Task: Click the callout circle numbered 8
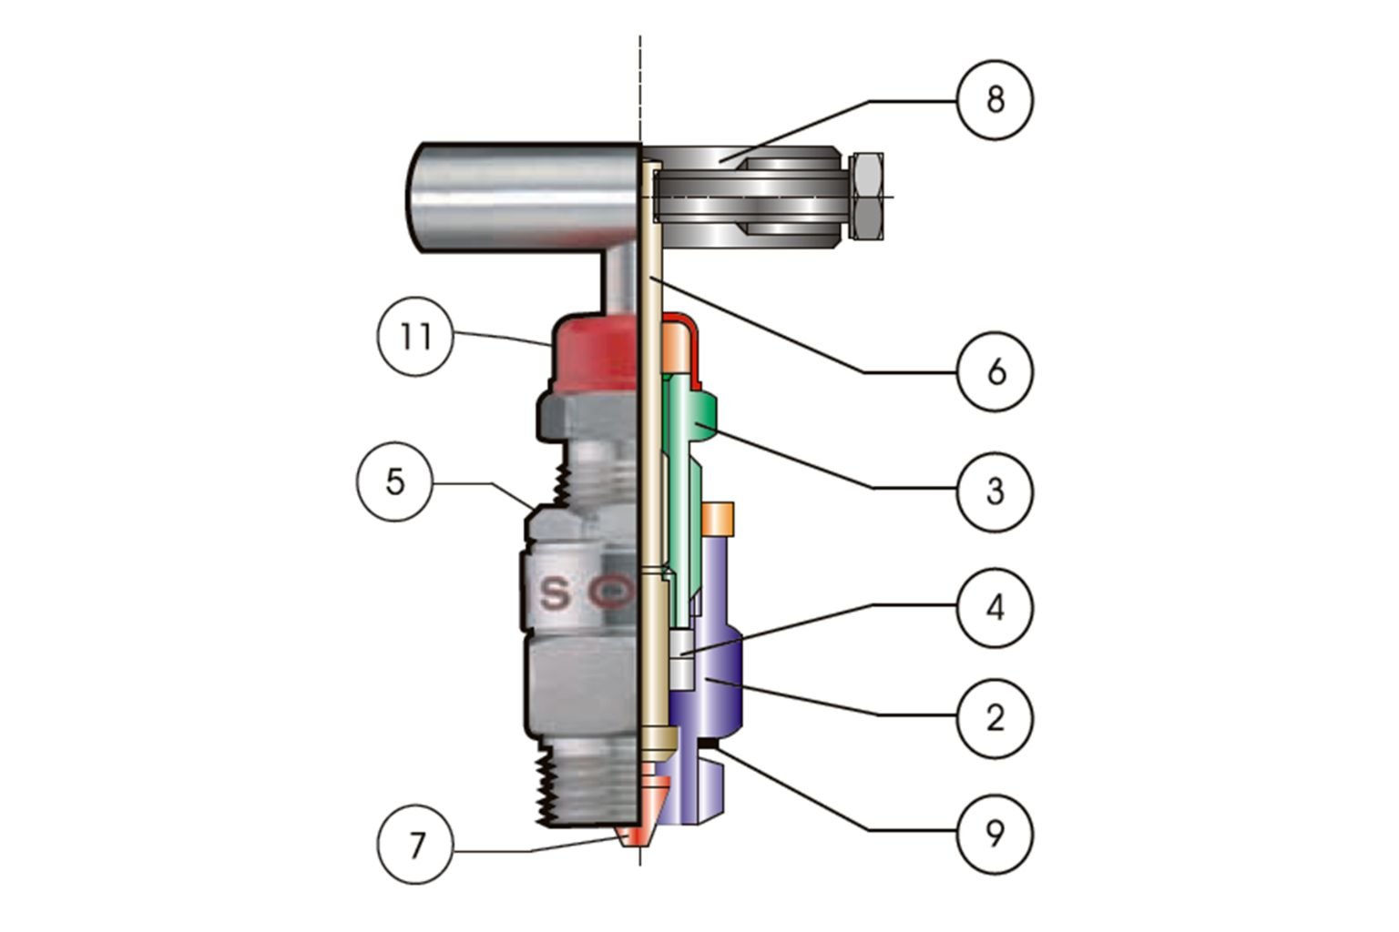(995, 100)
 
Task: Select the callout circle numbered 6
(995, 371)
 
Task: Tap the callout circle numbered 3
(995, 491)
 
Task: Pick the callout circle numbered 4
(995, 607)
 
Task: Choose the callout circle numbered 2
(995, 718)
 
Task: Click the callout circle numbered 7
(415, 846)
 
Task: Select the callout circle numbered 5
(393, 481)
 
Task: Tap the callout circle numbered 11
(415, 338)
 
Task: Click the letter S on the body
(555, 594)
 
